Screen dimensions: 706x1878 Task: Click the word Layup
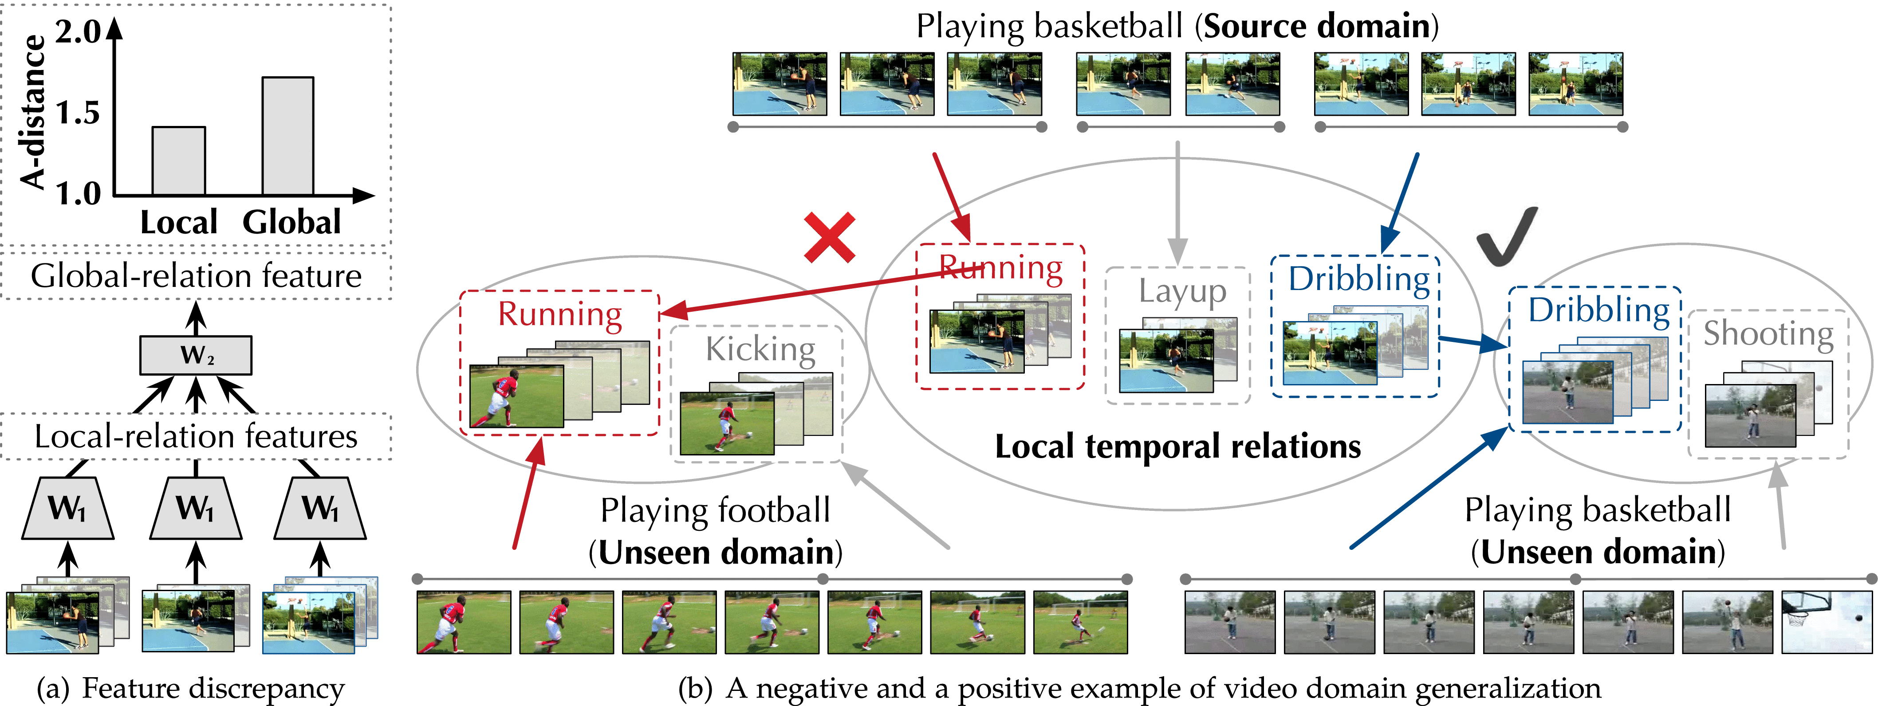point(1182,291)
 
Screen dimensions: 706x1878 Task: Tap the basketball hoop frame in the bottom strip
point(1826,621)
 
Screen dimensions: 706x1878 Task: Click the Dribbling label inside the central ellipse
point(1358,279)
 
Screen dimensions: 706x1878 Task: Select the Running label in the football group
point(560,314)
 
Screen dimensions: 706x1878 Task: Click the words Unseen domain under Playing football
point(716,552)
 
